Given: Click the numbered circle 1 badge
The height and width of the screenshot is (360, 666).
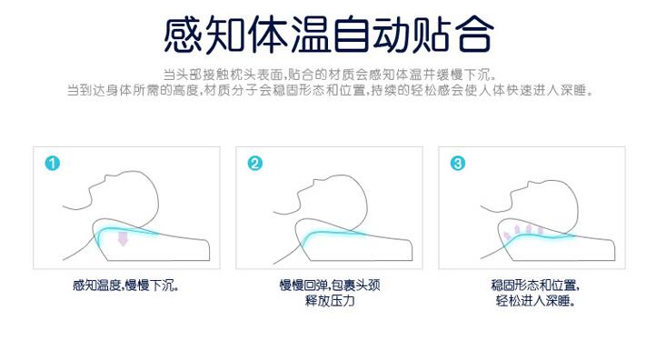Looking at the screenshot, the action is pos(52,164).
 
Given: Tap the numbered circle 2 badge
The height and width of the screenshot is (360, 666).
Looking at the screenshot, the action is pos(255,164).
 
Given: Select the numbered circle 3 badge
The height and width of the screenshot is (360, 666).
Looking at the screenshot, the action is pos(458,164).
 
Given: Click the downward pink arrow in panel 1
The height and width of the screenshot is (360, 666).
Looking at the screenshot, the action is pos(123,238).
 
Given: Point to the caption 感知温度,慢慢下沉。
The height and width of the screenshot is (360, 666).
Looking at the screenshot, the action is pos(126,285).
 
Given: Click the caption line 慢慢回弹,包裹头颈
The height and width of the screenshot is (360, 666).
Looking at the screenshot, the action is pos(330,285).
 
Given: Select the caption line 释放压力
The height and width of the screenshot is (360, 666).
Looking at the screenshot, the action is pos(330,301).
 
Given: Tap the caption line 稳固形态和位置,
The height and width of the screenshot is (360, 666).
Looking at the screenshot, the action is pos(535,285).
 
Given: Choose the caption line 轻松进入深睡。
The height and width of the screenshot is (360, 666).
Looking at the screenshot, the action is pos(535,301).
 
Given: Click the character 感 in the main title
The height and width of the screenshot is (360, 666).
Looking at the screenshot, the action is pos(184,35).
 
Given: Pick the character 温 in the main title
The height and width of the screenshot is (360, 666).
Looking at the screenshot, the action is pos(310,35).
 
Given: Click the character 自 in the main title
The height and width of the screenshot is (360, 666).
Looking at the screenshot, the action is pos(352,35).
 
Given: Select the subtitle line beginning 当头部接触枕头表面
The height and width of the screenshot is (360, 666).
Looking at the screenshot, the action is pos(330,75).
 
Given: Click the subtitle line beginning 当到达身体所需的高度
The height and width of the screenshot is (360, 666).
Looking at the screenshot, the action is pos(330,90).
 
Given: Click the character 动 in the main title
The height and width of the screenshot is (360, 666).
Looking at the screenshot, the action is pos(392,35).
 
